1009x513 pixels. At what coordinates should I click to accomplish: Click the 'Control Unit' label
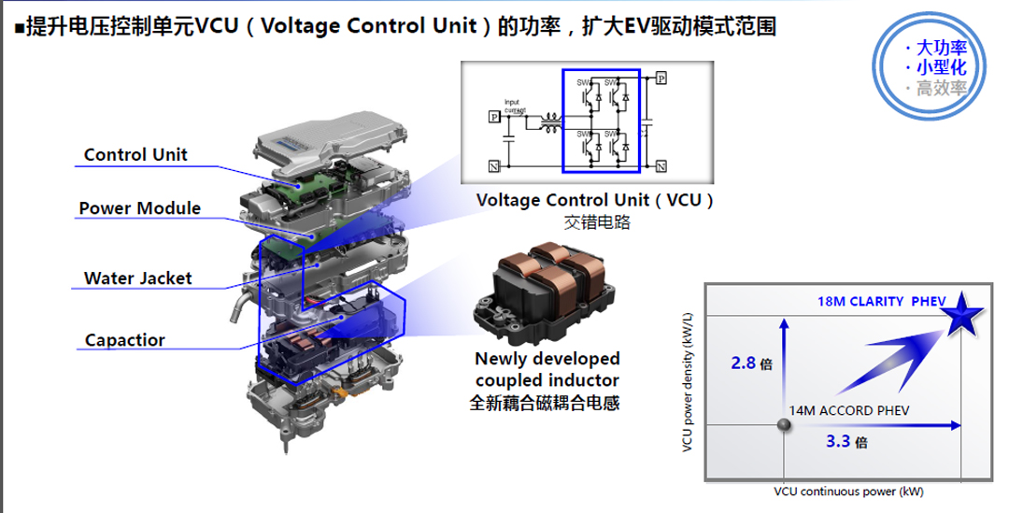(x=135, y=155)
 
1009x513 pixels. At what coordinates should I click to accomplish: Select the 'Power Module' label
(x=139, y=207)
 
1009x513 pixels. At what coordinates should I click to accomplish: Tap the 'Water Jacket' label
(x=137, y=278)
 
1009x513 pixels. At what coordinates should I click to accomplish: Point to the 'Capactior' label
(x=124, y=339)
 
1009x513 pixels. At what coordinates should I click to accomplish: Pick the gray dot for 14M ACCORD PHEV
(x=784, y=425)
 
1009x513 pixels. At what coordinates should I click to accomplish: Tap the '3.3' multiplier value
(x=840, y=441)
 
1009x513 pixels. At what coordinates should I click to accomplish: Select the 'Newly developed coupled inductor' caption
(x=547, y=368)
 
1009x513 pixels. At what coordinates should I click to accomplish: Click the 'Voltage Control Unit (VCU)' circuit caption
(x=595, y=200)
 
